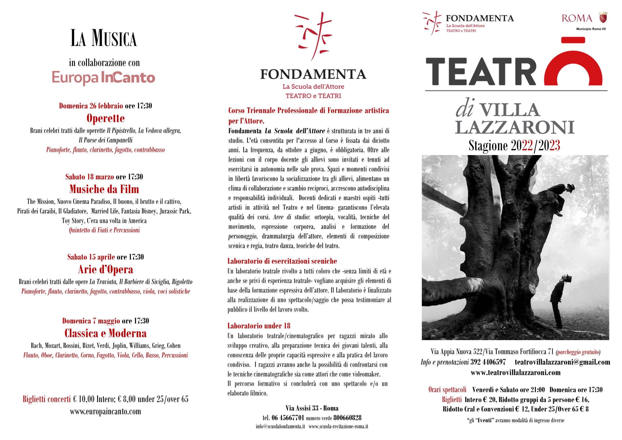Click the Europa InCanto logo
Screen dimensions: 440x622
104,78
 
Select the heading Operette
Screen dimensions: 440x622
105,118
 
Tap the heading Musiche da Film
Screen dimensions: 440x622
104,189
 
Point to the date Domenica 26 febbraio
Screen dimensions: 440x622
91,106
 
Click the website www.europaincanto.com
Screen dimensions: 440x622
105,412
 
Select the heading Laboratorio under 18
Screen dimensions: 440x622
259,326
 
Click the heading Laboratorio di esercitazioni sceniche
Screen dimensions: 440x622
282,261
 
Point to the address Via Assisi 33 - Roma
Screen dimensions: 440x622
312,408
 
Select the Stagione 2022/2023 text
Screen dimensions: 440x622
514,146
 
